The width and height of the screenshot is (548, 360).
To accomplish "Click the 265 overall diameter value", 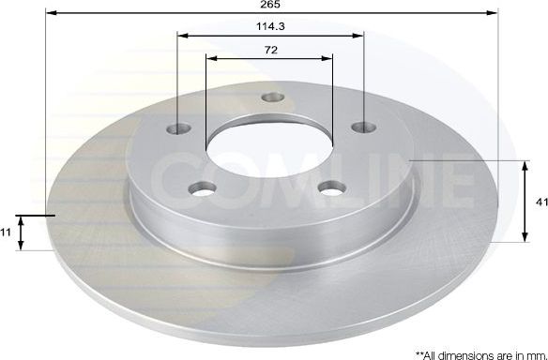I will (270, 5).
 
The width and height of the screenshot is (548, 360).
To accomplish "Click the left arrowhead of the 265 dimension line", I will (50, 14).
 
